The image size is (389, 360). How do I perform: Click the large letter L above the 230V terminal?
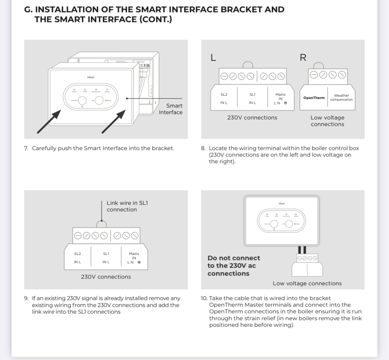tap(213, 58)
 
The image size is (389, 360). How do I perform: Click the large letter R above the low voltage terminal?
tap(303, 58)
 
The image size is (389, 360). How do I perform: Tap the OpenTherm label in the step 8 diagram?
tap(314, 98)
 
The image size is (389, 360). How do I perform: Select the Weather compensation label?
tap(341, 98)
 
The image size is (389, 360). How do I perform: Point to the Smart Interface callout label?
tap(171, 109)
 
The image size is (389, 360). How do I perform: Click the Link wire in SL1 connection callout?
tap(127, 206)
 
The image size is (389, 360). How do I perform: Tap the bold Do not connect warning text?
tap(234, 266)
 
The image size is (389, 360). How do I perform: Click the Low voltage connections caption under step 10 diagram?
tap(307, 283)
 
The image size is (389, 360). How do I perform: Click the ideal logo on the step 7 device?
tap(90, 77)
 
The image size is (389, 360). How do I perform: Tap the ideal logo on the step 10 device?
tap(281, 203)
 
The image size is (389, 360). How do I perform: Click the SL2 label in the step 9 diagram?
tap(77, 254)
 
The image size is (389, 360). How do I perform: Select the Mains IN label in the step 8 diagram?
tap(280, 96)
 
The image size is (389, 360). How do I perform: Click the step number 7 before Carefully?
tap(26, 148)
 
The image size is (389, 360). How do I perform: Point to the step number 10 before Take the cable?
tap(204, 298)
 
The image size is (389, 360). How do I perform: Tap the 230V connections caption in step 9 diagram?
tap(106, 277)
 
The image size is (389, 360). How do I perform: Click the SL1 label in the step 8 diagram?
tap(252, 95)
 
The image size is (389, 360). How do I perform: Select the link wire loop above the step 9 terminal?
tap(102, 224)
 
